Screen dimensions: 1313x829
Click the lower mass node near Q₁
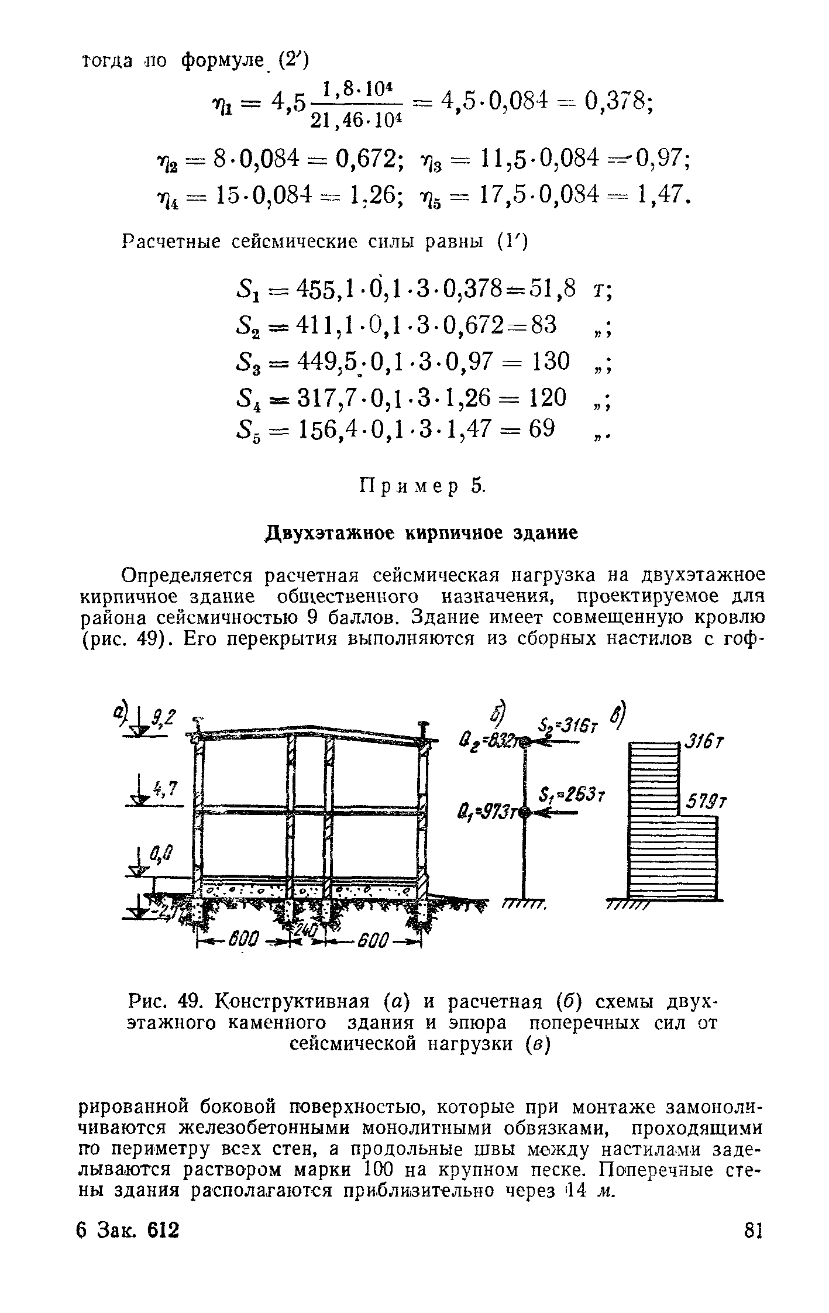point(524,812)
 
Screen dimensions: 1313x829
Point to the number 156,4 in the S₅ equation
point(326,430)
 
